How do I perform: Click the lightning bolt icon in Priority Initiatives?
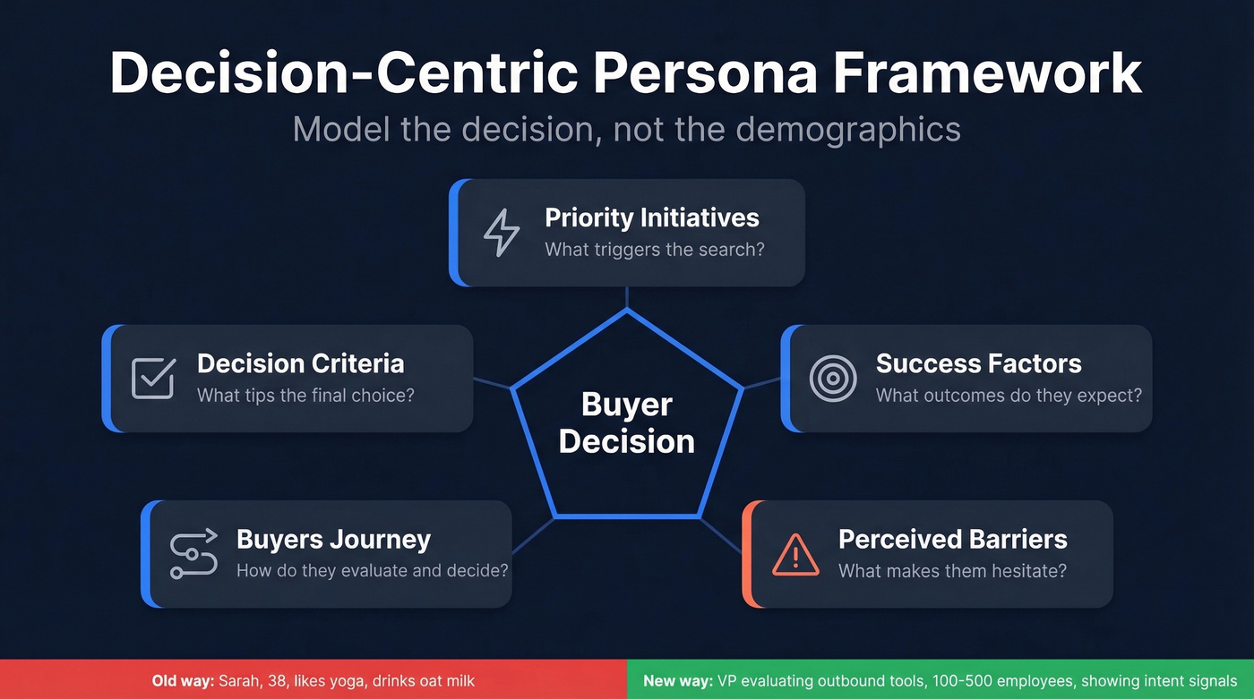click(501, 233)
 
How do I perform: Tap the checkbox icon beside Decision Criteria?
click(153, 379)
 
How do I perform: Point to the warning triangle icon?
click(794, 555)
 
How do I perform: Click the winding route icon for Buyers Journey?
click(193, 554)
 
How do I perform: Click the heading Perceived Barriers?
click(952, 540)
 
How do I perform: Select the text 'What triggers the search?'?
click(655, 249)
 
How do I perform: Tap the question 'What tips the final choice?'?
click(305, 395)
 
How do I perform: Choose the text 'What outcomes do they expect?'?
click(1009, 395)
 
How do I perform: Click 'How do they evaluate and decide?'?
click(372, 570)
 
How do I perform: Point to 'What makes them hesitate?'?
click(952, 570)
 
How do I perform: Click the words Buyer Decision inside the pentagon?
click(627, 422)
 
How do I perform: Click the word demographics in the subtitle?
click(848, 130)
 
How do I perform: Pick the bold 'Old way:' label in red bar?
click(183, 681)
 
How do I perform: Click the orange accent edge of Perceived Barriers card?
click(746, 555)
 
